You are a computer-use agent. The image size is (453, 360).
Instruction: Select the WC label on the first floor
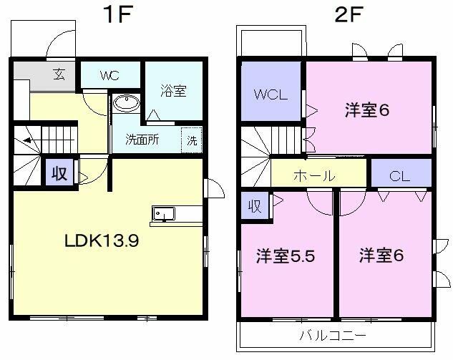tap(109, 75)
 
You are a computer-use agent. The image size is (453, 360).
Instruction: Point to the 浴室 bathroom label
tap(172, 91)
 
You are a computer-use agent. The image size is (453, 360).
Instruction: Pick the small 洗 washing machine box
tap(192, 140)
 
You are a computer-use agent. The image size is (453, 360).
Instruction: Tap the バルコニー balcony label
tap(333, 336)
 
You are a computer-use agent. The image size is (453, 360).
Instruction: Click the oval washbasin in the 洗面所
tap(126, 103)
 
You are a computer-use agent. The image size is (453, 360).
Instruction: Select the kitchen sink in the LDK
tap(162, 214)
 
